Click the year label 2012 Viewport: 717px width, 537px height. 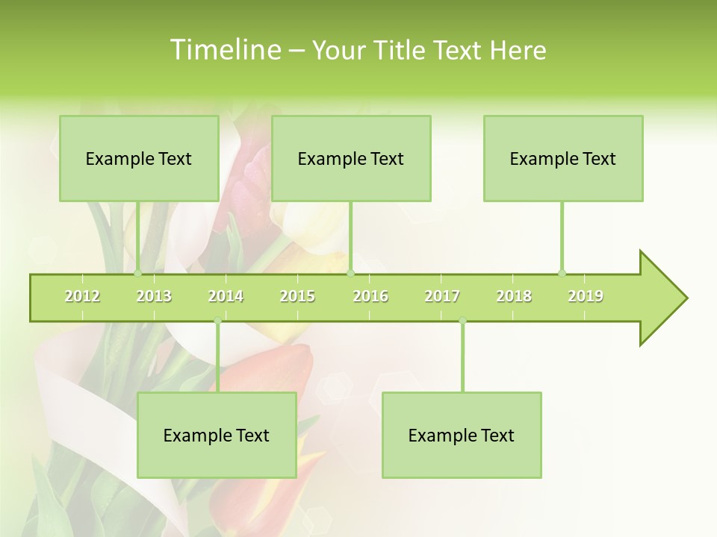tap(82, 296)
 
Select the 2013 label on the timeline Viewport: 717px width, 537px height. tap(154, 296)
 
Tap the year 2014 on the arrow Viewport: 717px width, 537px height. tap(226, 296)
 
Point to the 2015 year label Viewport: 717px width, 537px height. tap(297, 296)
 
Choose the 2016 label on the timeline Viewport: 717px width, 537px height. tap(370, 296)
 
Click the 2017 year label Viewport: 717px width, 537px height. tap(442, 296)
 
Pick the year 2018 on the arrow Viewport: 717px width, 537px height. tap(514, 296)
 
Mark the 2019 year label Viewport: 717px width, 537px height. tap(586, 296)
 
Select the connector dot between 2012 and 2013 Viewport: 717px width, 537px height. tap(138, 273)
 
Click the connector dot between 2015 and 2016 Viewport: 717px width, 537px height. tap(350, 273)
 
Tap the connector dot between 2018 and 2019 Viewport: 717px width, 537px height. tap(562, 273)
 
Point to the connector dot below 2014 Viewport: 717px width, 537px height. tap(217, 321)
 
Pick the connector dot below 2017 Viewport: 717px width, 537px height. tap(462, 321)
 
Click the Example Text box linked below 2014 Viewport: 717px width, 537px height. tap(217, 435)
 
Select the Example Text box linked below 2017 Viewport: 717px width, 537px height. tap(462, 435)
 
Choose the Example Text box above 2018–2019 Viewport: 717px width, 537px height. tap(563, 158)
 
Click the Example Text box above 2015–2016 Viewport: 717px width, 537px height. tap(351, 158)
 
